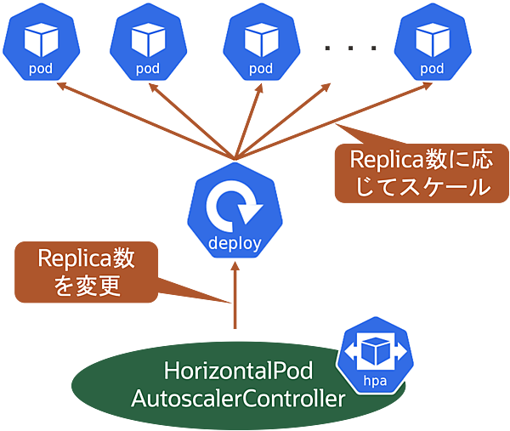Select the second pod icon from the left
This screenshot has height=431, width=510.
[147, 42]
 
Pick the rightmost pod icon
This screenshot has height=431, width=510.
[432, 42]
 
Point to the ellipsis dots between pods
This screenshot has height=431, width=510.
[350, 49]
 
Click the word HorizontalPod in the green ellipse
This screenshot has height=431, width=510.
[239, 372]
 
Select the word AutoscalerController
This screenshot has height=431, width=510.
[239, 398]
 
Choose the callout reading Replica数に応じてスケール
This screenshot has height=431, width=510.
[413, 173]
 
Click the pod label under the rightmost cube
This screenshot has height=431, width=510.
[432, 68]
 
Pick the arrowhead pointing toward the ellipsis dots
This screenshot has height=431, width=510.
[330, 88]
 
